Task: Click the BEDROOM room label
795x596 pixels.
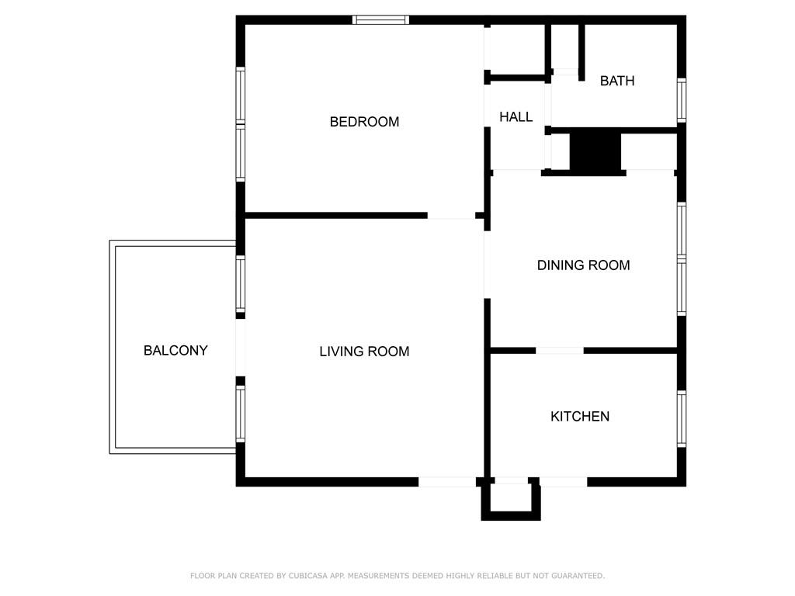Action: click(364, 122)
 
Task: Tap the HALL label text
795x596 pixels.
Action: click(516, 117)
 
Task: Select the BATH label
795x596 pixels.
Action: click(616, 81)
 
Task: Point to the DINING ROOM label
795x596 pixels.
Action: click(583, 265)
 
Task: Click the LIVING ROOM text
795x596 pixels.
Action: click(364, 352)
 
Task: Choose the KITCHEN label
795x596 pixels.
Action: click(579, 417)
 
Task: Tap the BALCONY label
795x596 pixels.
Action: click(175, 351)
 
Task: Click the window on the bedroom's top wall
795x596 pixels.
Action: click(380, 20)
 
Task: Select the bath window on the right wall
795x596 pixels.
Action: click(681, 100)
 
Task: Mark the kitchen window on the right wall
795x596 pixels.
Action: click(681, 419)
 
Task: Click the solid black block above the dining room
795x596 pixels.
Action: click(595, 152)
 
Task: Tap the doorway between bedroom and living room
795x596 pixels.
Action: click(451, 215)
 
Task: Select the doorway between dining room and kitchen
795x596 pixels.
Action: click(559, 351)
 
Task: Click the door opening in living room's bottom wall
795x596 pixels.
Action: click(446, 482)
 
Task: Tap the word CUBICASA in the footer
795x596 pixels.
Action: click(286, 576)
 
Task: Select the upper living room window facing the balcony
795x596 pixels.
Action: click(241, 284)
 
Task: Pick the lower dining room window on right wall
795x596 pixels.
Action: click(681, 289)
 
